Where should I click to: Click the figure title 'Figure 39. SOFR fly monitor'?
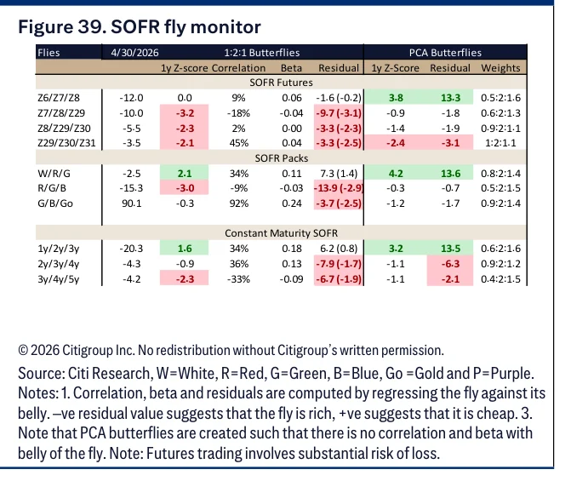pos(140,27)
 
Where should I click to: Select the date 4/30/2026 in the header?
pos(134,53)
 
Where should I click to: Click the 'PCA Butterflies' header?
pos(445,53)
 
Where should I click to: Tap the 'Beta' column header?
pos(291,68)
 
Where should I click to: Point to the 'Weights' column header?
pos(500,68)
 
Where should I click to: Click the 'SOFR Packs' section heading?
pos(282,158)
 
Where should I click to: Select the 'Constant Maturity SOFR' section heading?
pos(281,233)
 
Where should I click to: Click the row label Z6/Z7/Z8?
pos(59,98)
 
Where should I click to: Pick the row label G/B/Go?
pos(55,203)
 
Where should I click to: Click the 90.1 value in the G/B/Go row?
pos(131,203)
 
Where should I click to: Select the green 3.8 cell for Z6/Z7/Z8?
pos(396,98)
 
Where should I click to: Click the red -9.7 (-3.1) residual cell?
pos(339,113)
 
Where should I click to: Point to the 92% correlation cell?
pos(239,203)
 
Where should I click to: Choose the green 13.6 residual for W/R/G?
pos(450,174)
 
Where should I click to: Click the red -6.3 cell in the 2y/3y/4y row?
pos(450,264)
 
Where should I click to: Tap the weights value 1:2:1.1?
pos(500,143)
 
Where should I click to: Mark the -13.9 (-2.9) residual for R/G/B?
pos(339,188)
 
